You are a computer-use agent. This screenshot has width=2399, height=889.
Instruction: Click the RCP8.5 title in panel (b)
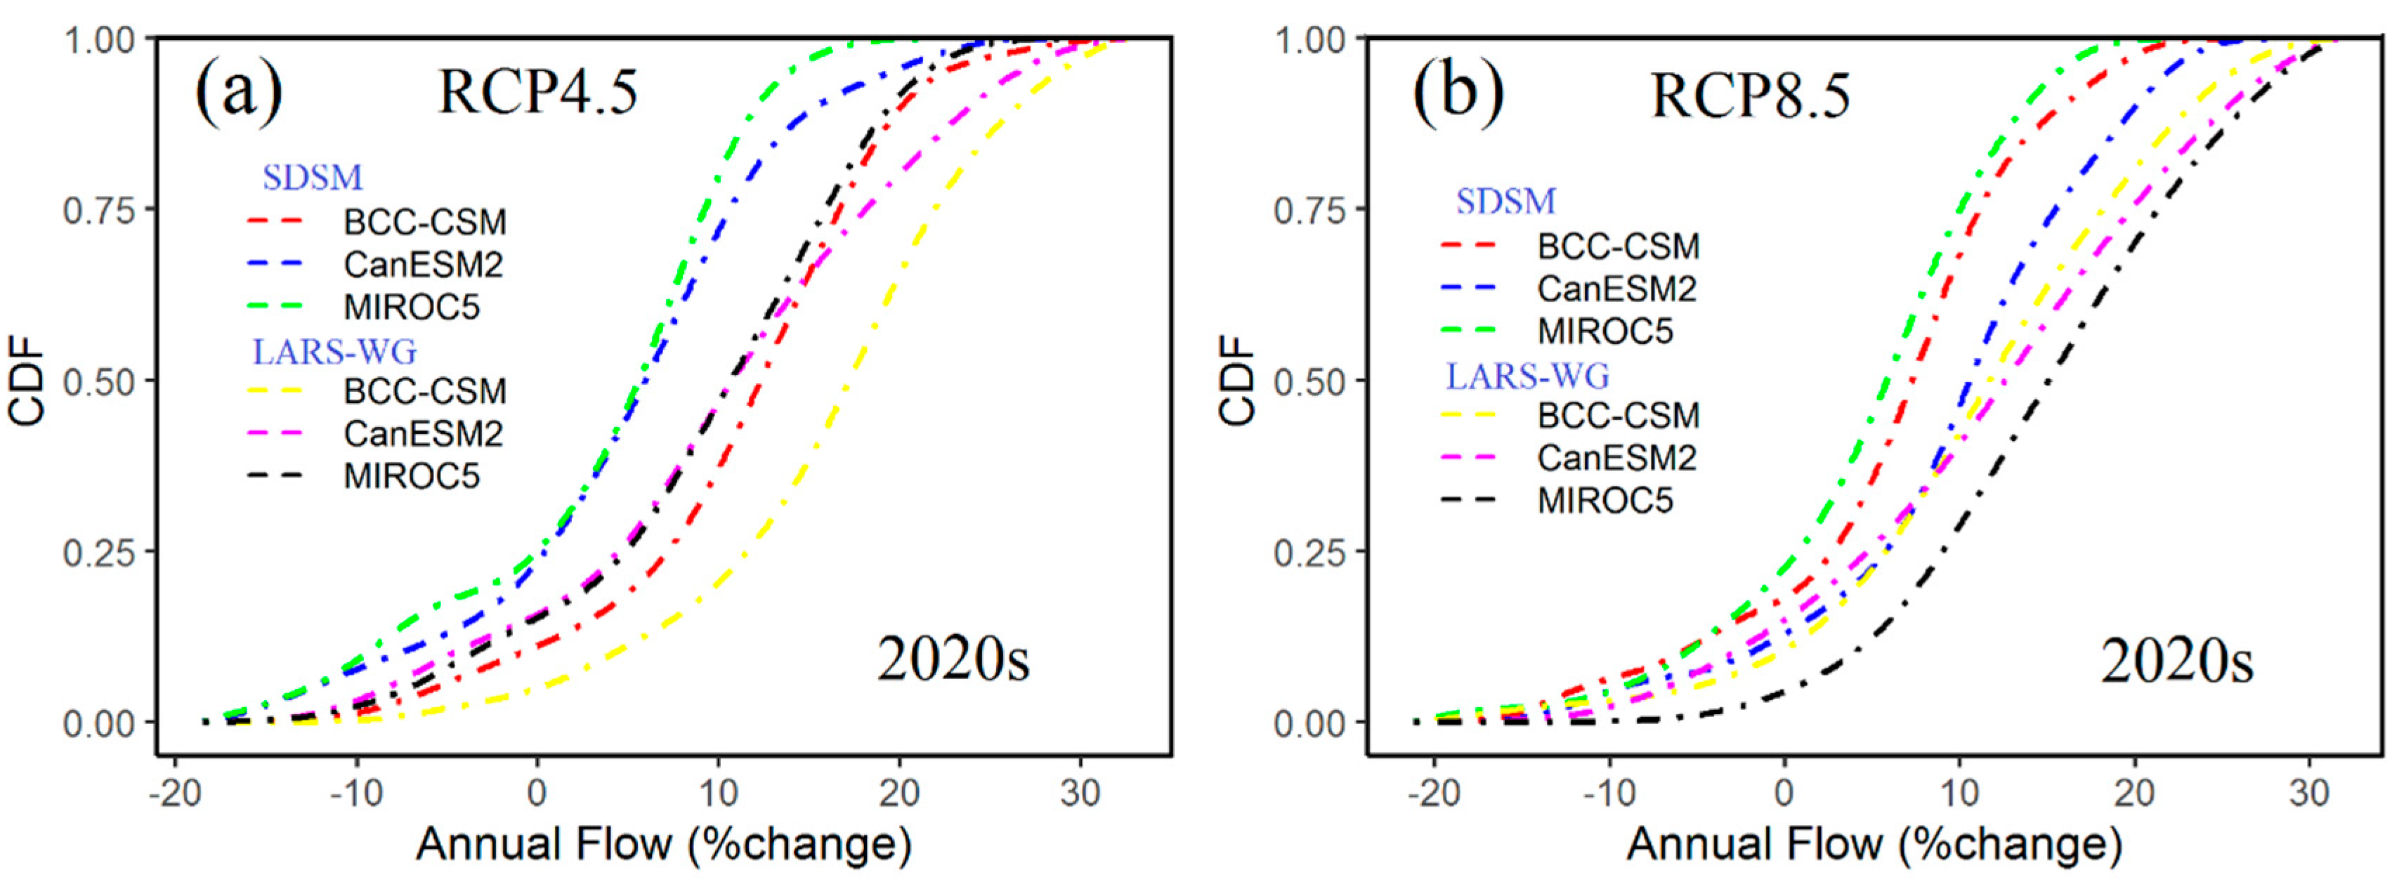click(x=1751, y=96)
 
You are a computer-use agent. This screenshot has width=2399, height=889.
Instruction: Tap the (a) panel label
click(x=238, y=93)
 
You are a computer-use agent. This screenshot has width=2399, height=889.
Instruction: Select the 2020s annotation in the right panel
click(x=2176, y=662)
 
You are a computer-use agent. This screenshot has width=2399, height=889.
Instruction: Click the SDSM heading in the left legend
click(x=312, y=177)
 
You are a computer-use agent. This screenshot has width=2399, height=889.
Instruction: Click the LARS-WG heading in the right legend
click(x=1527, y=376)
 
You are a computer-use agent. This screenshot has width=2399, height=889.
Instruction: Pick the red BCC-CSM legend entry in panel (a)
click(x=377, y=222)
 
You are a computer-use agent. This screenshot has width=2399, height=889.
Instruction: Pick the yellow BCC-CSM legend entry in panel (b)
click(x=1571, y=415)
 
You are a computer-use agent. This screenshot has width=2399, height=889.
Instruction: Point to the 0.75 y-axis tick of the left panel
click(x=98, y=209)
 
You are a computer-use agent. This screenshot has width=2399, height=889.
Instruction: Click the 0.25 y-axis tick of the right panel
click(x=1309, y=551)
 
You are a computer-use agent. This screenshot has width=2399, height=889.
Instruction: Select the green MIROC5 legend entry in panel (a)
click(x=364, y=306)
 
